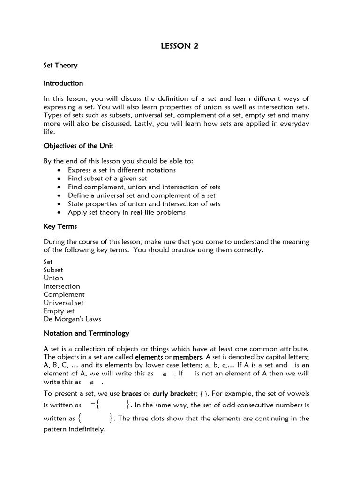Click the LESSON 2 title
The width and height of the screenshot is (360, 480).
pos(180,45)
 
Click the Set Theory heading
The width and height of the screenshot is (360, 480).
pos(60,66)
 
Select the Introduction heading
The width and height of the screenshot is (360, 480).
pos(63,83)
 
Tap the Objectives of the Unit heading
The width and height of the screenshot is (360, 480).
pos(78,145)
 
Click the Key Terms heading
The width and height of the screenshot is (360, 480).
pos(60,226)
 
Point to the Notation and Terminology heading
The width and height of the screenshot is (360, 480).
pos(86,334)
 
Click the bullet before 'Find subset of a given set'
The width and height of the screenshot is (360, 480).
pos(58,179)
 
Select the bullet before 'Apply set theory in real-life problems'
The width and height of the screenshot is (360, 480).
pos(58,212)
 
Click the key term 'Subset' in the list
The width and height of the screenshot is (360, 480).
pos(53,270)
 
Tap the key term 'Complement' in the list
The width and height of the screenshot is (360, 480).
pos(64,294)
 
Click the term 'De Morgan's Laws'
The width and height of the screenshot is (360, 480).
pos(72,319)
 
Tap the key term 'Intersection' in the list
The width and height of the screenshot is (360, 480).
pos(62,286)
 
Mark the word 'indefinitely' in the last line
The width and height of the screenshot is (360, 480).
pos(87,429)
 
